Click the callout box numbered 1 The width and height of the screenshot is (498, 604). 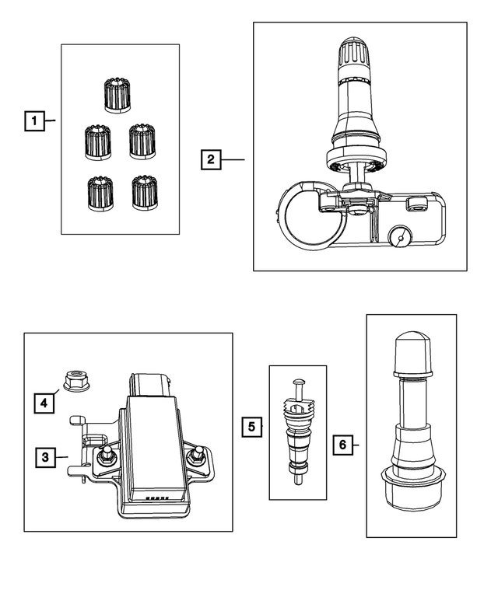[33, 120]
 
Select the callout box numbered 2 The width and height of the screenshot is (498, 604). [210, 160]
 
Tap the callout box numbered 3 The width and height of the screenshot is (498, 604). [45, 457]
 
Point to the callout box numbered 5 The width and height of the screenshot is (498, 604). [251, 426]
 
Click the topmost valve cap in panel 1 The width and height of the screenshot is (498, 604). [116, 94]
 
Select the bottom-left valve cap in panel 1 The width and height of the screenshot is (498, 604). [97, 193]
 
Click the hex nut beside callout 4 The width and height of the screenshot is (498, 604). [72, 380]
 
